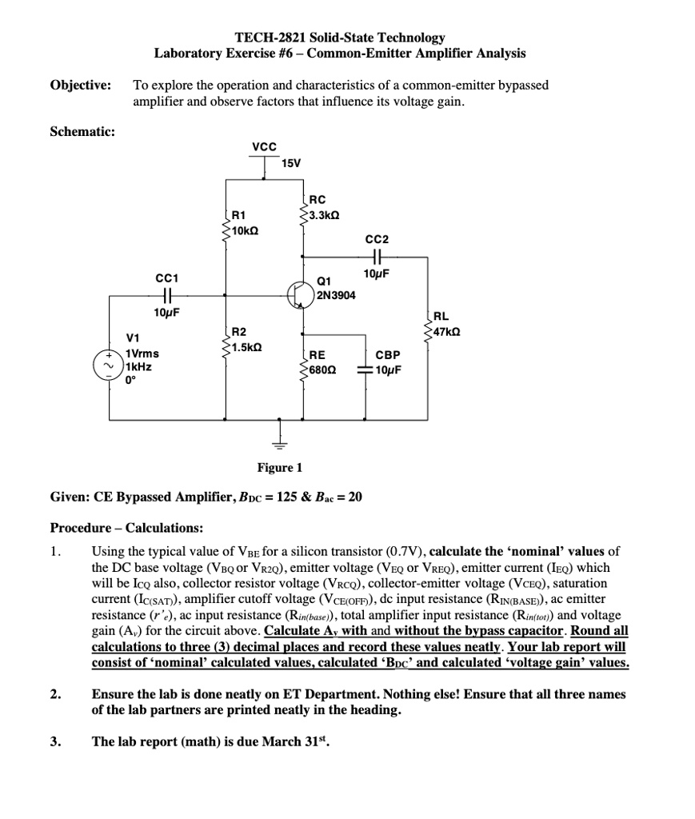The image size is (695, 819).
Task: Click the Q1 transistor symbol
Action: point(302,294)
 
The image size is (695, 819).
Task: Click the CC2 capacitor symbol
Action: point(376,258)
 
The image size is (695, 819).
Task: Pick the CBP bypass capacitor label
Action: point(388,354)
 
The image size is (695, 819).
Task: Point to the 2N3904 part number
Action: point(337,295)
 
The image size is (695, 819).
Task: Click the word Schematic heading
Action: point(82,132)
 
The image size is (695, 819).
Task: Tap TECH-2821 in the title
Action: point(268,38)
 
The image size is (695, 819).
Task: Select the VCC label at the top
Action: point(264,146)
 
